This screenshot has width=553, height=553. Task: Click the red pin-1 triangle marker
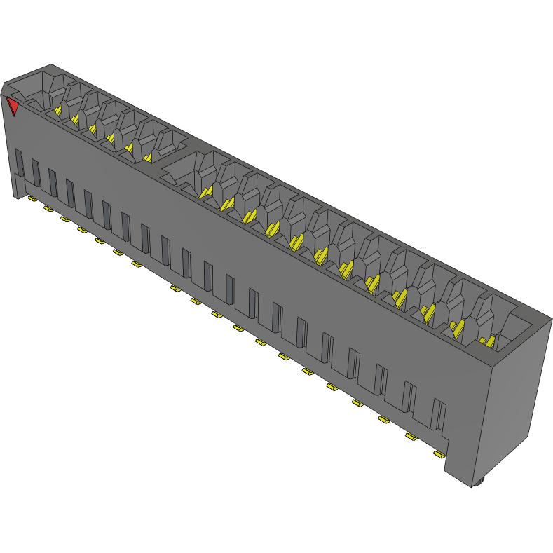(13, 107)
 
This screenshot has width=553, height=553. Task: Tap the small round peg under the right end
(479, 482)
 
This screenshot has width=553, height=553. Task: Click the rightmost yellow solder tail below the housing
(439, 455)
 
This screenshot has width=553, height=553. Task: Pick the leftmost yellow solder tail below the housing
(32, 199)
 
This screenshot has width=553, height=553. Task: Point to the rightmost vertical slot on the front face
(439, 414)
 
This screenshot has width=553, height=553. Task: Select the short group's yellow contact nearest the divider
(147, 157)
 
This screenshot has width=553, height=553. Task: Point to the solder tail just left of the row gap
(136, 264)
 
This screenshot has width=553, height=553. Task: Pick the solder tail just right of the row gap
(175, 288)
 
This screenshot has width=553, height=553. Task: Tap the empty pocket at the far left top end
(32, 88)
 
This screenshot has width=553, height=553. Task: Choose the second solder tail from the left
(48, 209)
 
